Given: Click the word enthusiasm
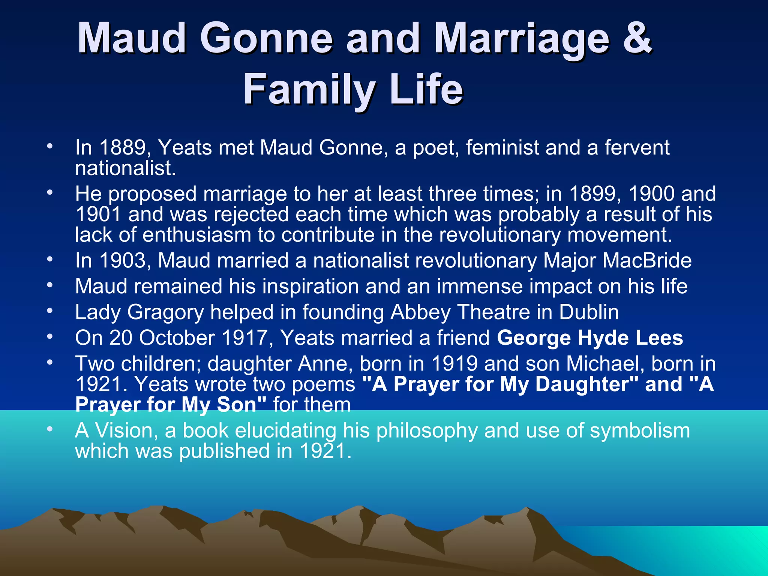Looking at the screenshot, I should coord(196,235).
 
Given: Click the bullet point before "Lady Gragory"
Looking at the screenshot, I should coord(50,310).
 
